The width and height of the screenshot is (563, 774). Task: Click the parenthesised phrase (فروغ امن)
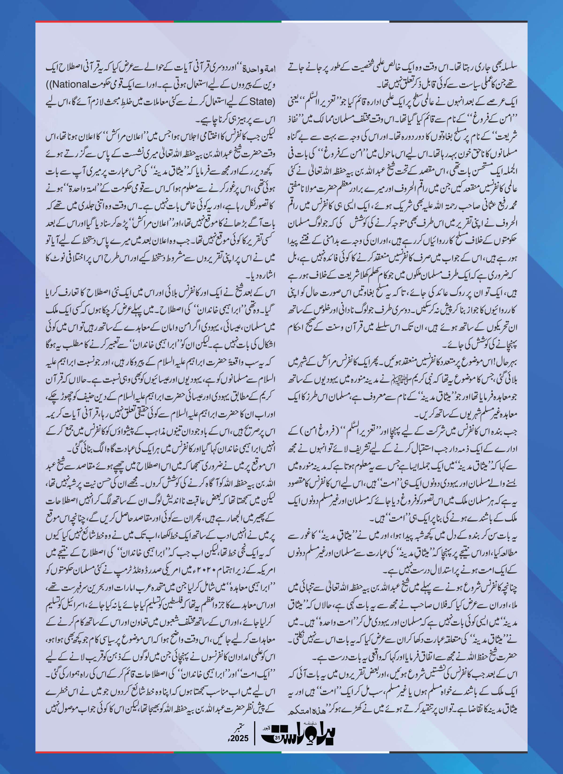tap(316, 431)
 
